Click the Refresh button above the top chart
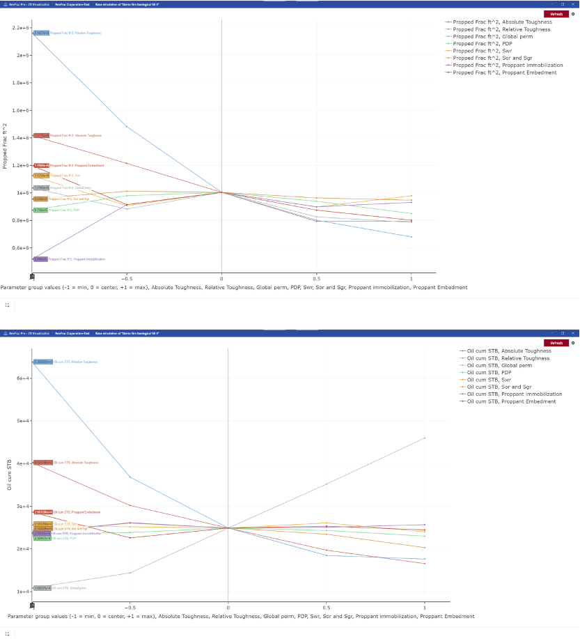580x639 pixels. point(556,14)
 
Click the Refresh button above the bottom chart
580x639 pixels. point(556,343)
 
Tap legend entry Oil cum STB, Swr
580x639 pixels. point(489,380)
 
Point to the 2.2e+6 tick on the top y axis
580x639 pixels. point(19,28)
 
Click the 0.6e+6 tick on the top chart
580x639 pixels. point(19,247)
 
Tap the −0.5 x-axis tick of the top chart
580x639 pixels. point(126,277)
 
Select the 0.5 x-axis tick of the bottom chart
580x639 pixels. point(327,606)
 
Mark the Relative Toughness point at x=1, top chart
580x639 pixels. point(412,237)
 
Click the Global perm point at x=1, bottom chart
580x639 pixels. point(425,438)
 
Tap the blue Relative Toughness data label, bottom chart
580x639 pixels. point(43,362)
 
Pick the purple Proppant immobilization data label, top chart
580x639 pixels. point(40,259)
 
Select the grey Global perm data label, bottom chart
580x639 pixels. point(42,588)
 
